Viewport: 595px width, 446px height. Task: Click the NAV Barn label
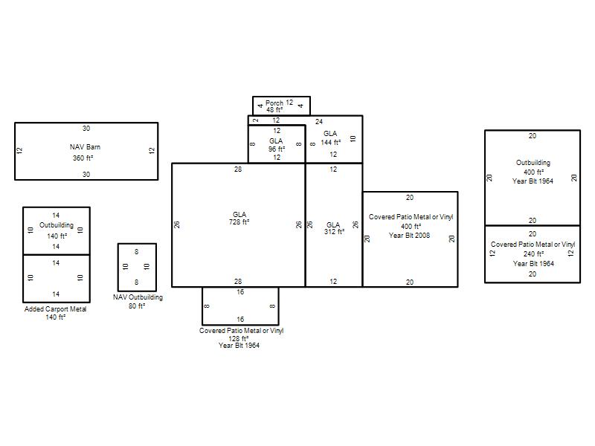pyautogui.click(x=85, y=147)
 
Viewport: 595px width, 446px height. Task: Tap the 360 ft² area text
pyautogui.click(x=83, y=158)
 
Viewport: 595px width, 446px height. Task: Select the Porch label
pyautogui.click(x=274, y=103)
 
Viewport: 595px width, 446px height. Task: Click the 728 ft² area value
pyautogui.click(x=239, y=222)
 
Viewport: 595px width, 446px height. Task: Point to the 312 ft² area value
pyautogui.click(x=334, y=232)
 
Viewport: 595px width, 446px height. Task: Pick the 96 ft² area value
pyautogui.click(x=277, y=149)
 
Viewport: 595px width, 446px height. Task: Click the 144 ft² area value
pyautogui.click(x=331, y=142)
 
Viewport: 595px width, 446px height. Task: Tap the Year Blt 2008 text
pyautogui.click(x=410, y=236)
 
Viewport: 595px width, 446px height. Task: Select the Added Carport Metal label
pyautogui.click(x=55, y=309)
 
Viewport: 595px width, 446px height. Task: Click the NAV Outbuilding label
pyautogui.click(x=138, y=297)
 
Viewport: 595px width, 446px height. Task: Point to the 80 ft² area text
pyautogui.click(x=137, y=306)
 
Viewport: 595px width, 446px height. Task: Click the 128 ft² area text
pyautogui.click(x=238, y=338)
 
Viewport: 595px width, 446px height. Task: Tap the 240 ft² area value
pyautogui.click(x=533, y=254)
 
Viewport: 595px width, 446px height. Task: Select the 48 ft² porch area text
pyautogui.click(x=274, y=110)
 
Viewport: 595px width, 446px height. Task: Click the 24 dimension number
pyautogui.click(x=319, y=122)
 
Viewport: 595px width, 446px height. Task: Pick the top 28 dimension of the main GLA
pyautogui.click(x=238, y=169)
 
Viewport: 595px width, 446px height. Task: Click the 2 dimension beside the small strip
pyautogui.click(x=256, y=120)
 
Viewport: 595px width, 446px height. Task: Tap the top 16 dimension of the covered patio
pyautogui.click(x=240, y=292)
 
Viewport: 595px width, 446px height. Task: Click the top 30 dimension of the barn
pyautogui.click(x=86, y=128)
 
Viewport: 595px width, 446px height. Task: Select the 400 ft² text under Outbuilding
pyautogui.click(x=533, y=172)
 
